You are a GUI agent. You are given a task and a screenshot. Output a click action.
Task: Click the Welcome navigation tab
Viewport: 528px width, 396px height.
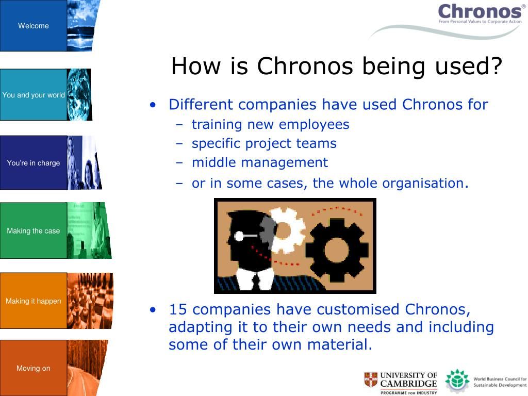(x=34, y=26)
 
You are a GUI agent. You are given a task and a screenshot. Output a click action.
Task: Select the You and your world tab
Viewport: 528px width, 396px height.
(x=34, y=95)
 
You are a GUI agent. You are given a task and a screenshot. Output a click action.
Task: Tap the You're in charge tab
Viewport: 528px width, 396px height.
(x=34, y=162)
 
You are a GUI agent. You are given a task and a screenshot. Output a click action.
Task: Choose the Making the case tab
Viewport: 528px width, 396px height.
(x=34, y=230)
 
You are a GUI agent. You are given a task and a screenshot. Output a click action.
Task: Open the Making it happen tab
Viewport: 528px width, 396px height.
(x=34, y=301)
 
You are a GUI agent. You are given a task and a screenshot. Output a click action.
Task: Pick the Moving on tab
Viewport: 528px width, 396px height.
(x=34, y=368)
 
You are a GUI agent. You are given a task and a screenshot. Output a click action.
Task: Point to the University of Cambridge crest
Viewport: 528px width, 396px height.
(x=371, y=379)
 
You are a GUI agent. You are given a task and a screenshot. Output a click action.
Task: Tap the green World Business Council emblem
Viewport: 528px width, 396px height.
(x=457, y=381)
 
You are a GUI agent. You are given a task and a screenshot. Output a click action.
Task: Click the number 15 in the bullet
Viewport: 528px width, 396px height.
(x=177, y=309)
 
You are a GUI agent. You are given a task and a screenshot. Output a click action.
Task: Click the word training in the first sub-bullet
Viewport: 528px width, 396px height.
(x=217, y=125)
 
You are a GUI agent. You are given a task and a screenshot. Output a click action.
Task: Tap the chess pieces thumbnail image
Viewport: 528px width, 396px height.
(x=90, y=301)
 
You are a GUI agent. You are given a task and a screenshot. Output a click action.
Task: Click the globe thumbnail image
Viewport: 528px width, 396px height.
(x=79, y=95)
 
